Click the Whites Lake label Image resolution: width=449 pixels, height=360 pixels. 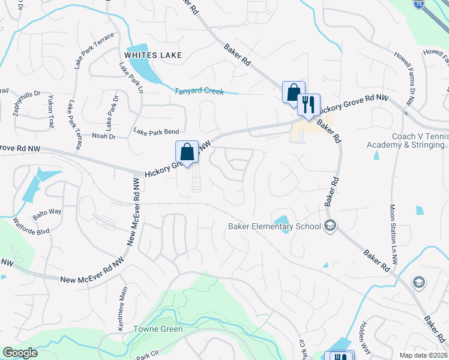152,55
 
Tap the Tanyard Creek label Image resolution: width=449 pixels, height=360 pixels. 199,92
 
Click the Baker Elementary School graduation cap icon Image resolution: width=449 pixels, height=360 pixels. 330,226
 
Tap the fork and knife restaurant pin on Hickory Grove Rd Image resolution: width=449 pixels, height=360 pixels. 309,104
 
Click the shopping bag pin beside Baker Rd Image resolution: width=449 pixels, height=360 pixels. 294,92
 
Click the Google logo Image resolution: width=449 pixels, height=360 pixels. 20,353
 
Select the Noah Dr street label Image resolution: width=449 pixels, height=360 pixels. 104,137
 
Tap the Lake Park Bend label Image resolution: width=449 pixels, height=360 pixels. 156,131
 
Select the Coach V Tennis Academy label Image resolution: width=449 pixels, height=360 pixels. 420,140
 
